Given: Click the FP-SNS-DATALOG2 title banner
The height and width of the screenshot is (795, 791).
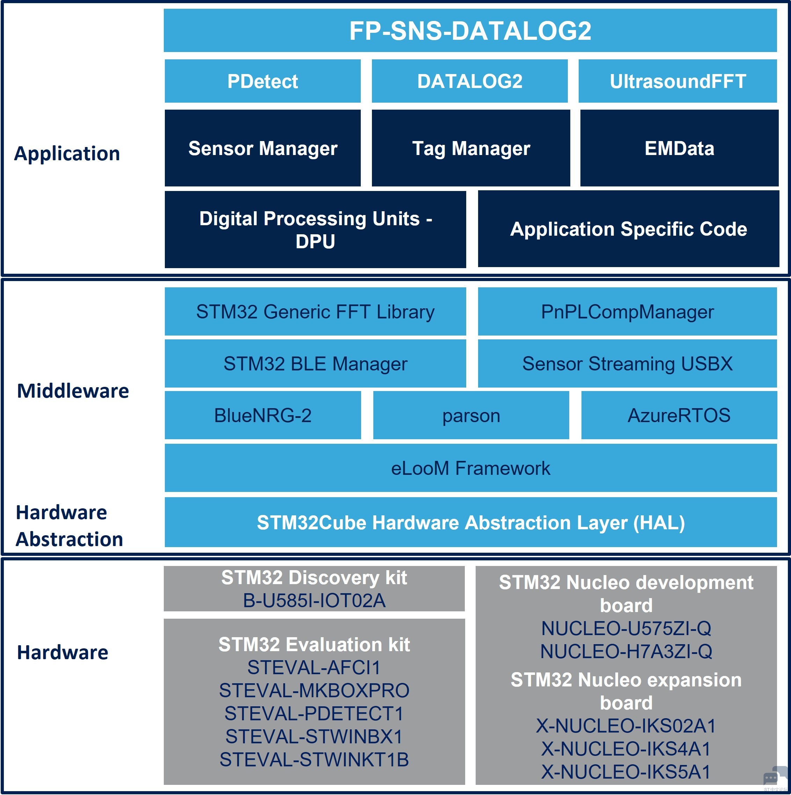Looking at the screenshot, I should coord(470,30).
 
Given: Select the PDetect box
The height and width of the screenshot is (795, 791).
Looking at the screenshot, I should coord(263,81).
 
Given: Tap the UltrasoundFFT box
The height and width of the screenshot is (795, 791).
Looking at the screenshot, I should coord(678,81).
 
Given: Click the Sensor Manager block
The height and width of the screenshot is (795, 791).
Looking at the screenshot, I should coord(263,148).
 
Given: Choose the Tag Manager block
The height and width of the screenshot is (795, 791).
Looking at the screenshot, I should coord(471,148).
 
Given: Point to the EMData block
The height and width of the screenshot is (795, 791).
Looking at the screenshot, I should coord(679,148).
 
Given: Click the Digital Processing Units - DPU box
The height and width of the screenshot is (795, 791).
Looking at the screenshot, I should coord(315,230).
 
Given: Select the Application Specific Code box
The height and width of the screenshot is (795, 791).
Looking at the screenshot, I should coord(629,229).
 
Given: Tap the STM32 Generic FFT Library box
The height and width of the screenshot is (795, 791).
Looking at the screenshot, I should coord(315,311).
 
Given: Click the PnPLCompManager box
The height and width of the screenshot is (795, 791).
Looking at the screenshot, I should coord(627,311).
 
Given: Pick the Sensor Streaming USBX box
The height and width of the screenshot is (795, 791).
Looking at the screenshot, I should coord(627,363).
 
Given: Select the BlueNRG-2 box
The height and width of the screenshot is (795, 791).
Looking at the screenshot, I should coord(263,415).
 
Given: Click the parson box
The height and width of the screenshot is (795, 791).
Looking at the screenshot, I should coord(471,415).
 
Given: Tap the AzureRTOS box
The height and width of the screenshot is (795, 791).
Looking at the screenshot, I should coord(679,415).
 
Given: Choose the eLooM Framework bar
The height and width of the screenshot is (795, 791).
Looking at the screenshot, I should coord(470,468).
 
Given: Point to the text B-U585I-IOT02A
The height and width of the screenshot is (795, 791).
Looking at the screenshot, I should coord(314,601).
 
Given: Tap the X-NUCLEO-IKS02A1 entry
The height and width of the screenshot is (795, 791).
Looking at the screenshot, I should coord(626,726).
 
